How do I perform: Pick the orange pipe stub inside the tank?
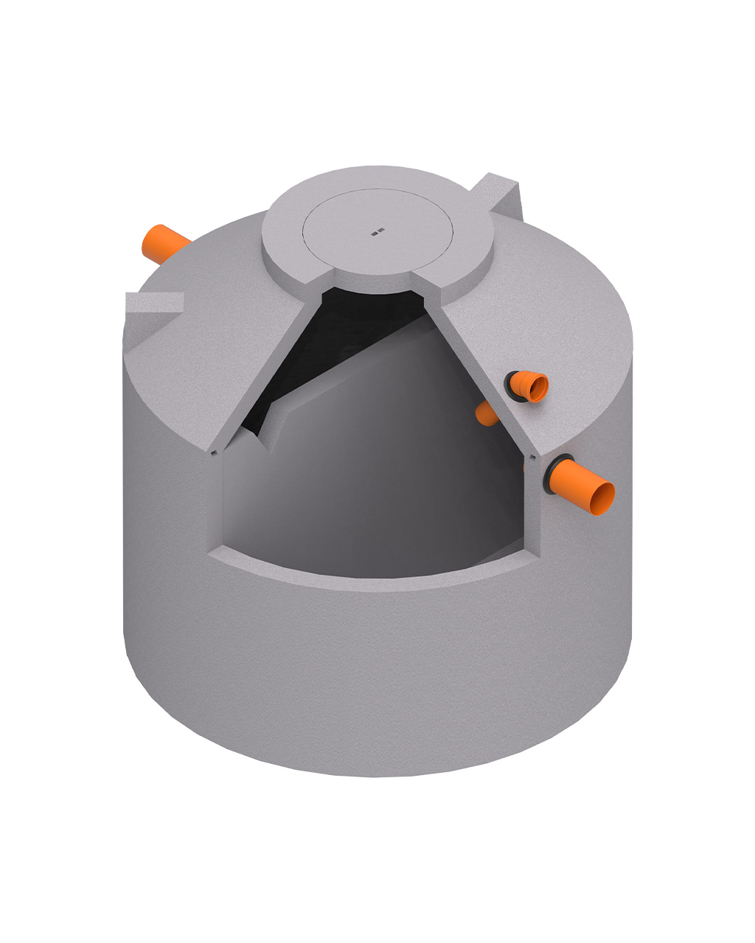487,415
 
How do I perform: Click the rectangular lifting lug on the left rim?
153,303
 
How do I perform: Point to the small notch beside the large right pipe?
525,466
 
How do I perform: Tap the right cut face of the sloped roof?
487,368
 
